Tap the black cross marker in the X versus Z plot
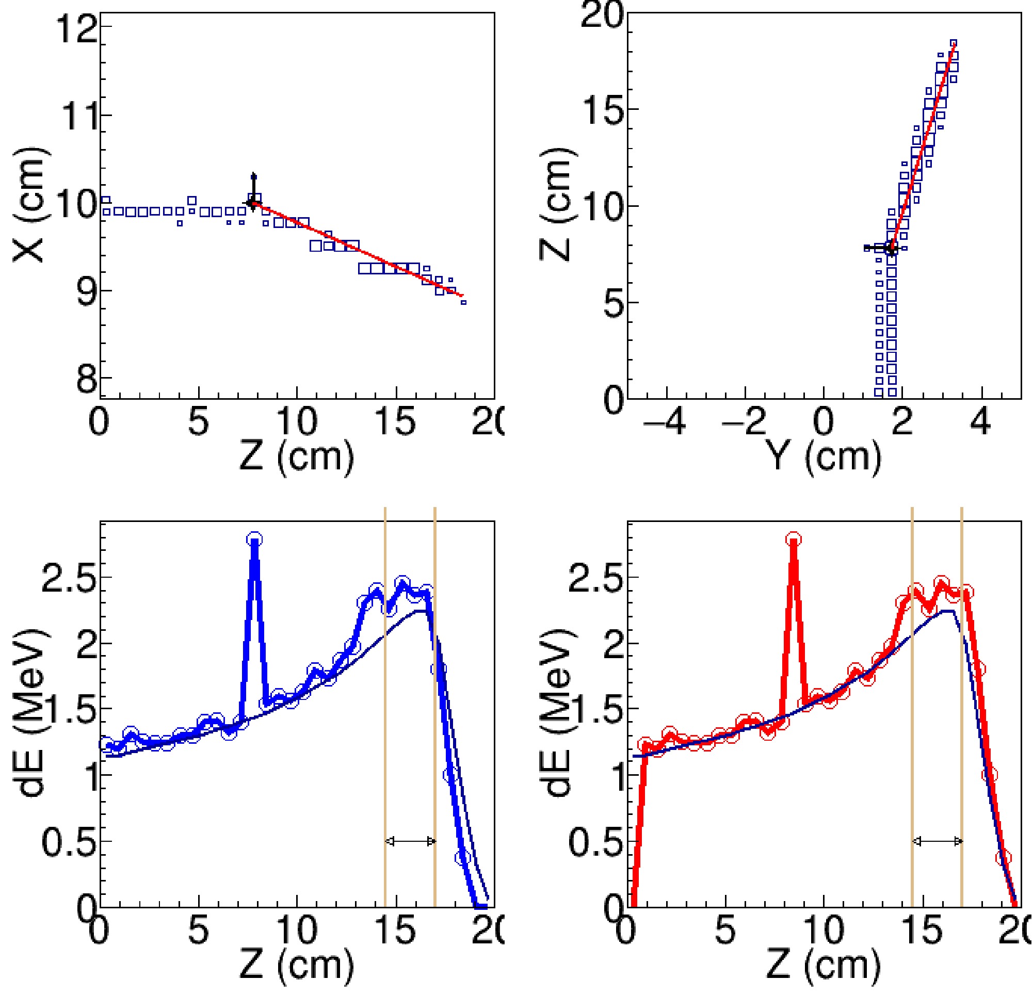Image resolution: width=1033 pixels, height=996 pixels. point(253,202)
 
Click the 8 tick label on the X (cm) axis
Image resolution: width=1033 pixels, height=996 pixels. point(87,380)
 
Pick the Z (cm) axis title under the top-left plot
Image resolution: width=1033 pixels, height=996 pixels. point(297,456)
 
